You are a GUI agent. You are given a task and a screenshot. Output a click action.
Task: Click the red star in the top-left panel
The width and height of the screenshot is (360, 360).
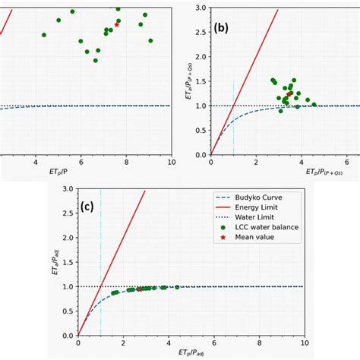coord(116,25)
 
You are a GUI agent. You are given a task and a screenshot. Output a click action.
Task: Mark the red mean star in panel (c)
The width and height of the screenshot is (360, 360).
coord(140,289)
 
